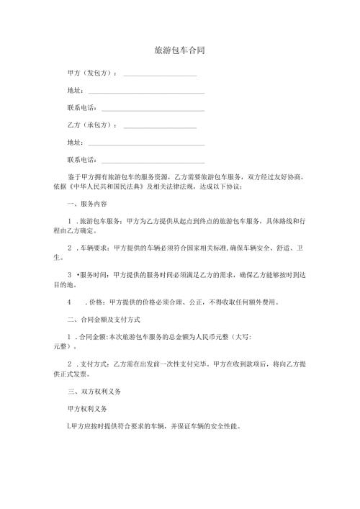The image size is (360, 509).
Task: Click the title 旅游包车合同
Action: coord(179,51)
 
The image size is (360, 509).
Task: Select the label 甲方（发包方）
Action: coord(92,73)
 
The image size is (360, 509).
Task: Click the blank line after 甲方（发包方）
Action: coord(161,75)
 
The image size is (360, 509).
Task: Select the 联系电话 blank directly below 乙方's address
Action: coord(153,161)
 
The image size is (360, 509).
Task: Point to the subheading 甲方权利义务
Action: coord(86,410)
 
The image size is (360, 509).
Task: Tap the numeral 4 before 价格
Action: coord(68,302)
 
